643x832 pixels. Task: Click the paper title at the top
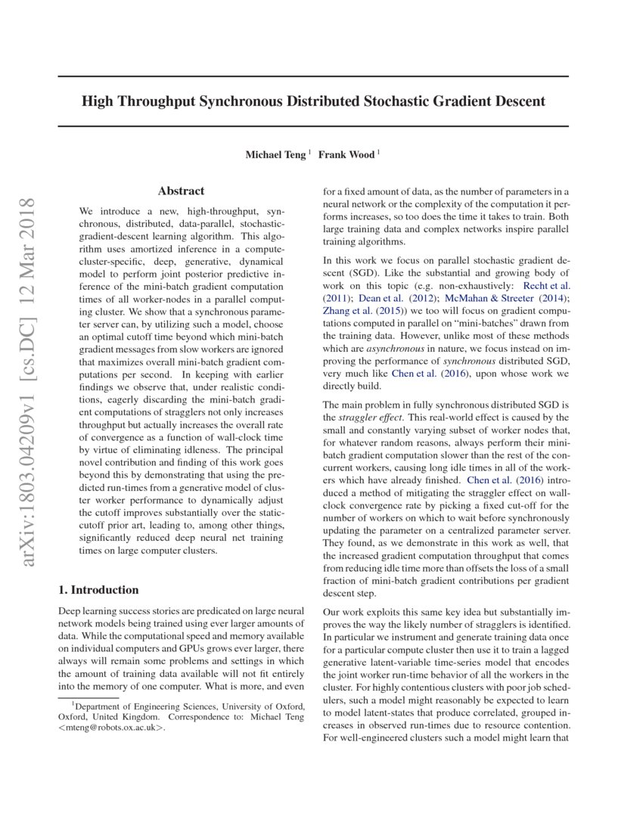click(313, 101)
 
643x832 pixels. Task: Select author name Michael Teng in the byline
click(275, 155)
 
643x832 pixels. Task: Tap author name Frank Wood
click(346, 155)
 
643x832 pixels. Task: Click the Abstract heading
click(181, 191)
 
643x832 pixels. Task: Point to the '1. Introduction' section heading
click(98, 590)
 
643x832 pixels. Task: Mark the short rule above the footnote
click(89, 697)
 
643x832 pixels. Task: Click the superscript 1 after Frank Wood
click(378, 152)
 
